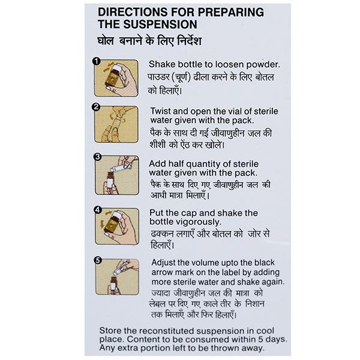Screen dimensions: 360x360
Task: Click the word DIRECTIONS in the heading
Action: coord(133,12)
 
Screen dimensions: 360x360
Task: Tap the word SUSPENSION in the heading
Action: coord(160,25)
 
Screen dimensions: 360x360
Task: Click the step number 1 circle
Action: coord(97,62)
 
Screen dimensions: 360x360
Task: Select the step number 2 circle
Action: coord(96,107)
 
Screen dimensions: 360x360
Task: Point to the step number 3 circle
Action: coord(98,157)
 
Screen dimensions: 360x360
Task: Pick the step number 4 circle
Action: coord(98,210)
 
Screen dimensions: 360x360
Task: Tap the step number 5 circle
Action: coord(98,260)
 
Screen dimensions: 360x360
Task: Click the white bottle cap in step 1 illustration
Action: coord(115,68)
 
